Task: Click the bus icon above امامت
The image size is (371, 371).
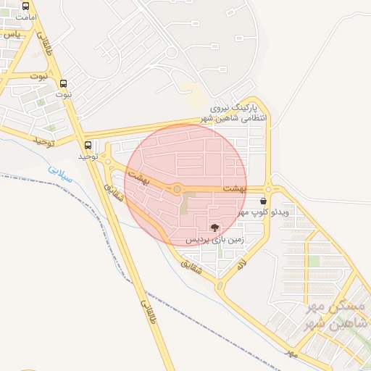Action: coord(26,6)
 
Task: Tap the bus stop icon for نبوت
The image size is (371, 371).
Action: coord(64,83)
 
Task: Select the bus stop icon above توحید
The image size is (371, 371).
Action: coord(88,145)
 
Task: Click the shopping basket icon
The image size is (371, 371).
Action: coord(262,201)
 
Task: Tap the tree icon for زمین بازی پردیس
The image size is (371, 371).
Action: coord(214,228)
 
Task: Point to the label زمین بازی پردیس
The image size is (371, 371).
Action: coord(214,238)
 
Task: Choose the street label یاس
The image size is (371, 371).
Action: coord(9,33)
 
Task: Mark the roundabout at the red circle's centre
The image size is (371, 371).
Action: coord(178,189)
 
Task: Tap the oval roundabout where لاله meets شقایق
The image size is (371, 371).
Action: coord(220,286)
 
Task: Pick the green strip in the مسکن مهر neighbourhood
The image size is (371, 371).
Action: coord(314,260)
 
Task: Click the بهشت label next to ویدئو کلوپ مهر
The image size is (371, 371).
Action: coord(234,188)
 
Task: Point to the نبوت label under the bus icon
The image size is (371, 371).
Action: coord(64,94)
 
